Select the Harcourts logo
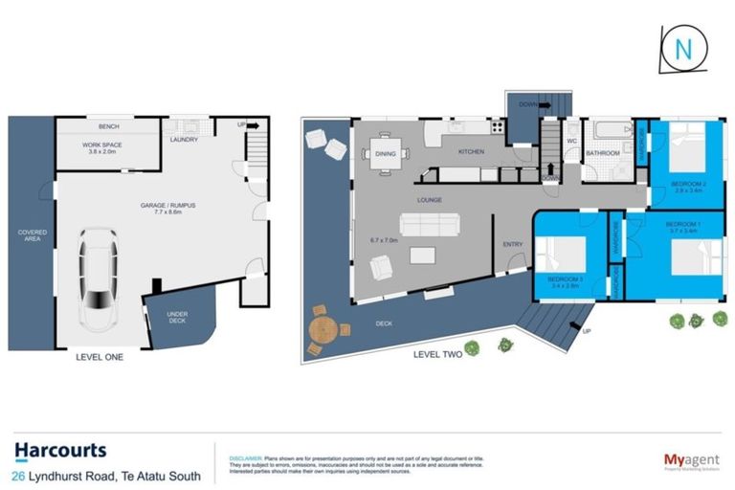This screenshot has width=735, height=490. (x=60, y=450)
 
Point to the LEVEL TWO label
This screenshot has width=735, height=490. (x=438, y=354)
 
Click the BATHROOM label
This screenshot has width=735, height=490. (x=603, y=153)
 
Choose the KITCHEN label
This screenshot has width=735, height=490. (x=471, y=152)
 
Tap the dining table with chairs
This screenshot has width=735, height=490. (x=385, y=153)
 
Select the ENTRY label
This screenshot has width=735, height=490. (x=513, y=245)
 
